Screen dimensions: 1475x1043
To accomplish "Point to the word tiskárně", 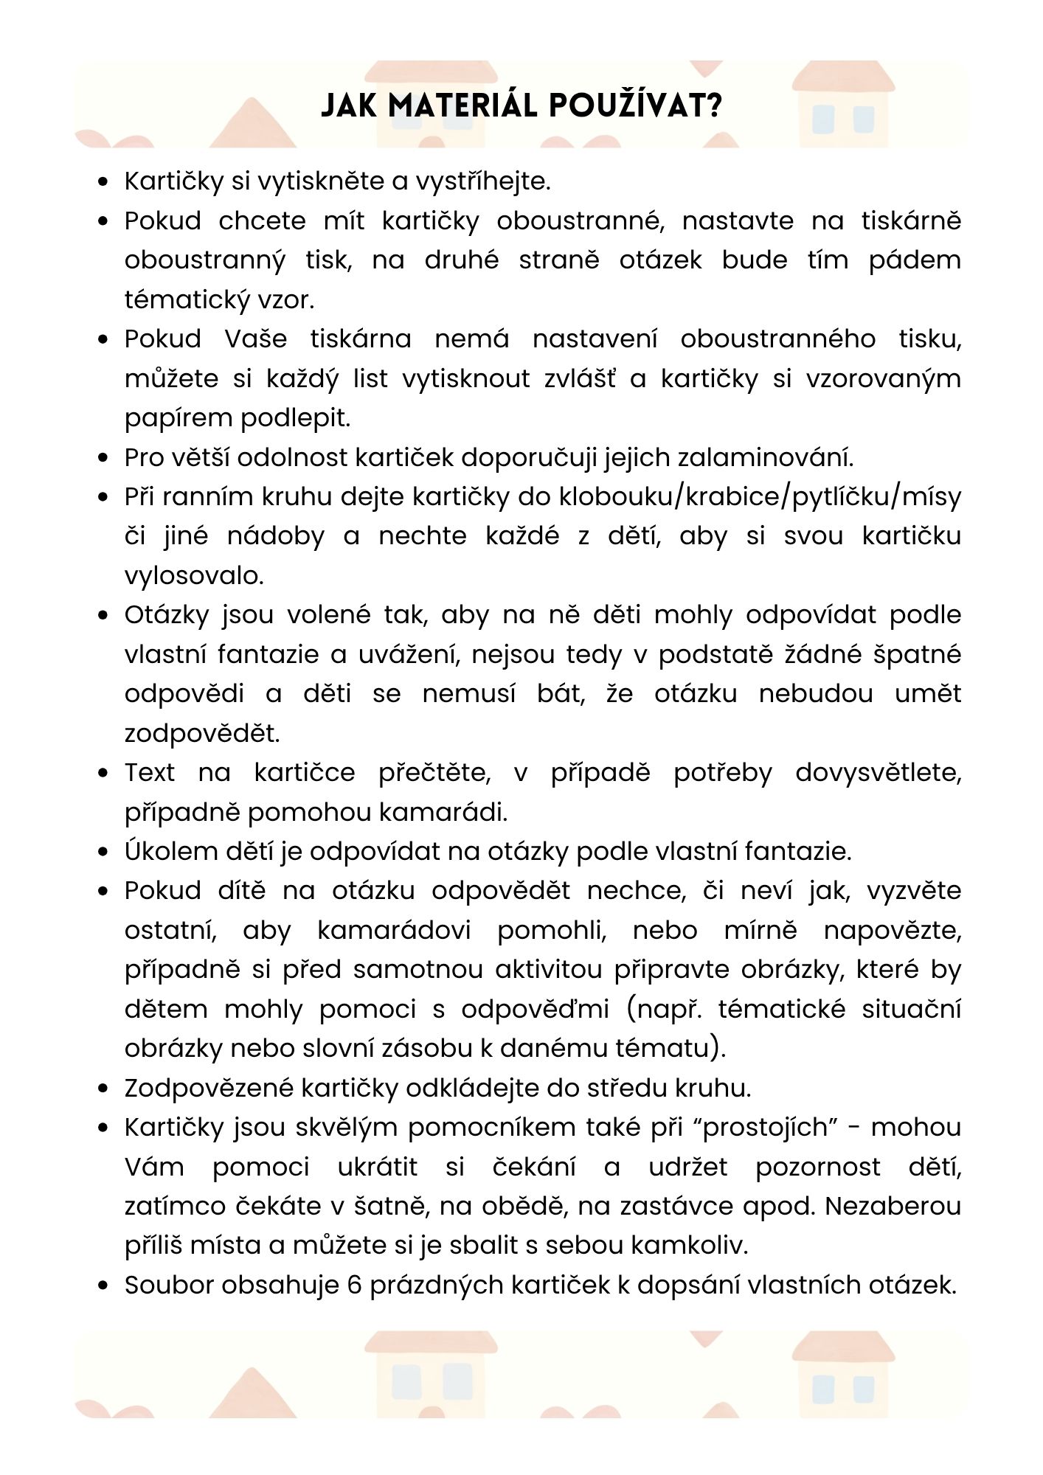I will (x=911, y=221).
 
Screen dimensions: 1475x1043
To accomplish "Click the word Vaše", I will (x=255, y=339).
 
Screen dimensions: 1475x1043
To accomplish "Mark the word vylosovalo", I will (x=194, y=575).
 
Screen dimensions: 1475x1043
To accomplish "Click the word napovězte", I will (x=893, y=930).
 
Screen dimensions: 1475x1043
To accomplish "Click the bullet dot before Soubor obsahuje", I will (x=103, y=1285).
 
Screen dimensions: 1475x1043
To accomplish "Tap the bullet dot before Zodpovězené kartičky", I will (x=103, y=1089).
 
